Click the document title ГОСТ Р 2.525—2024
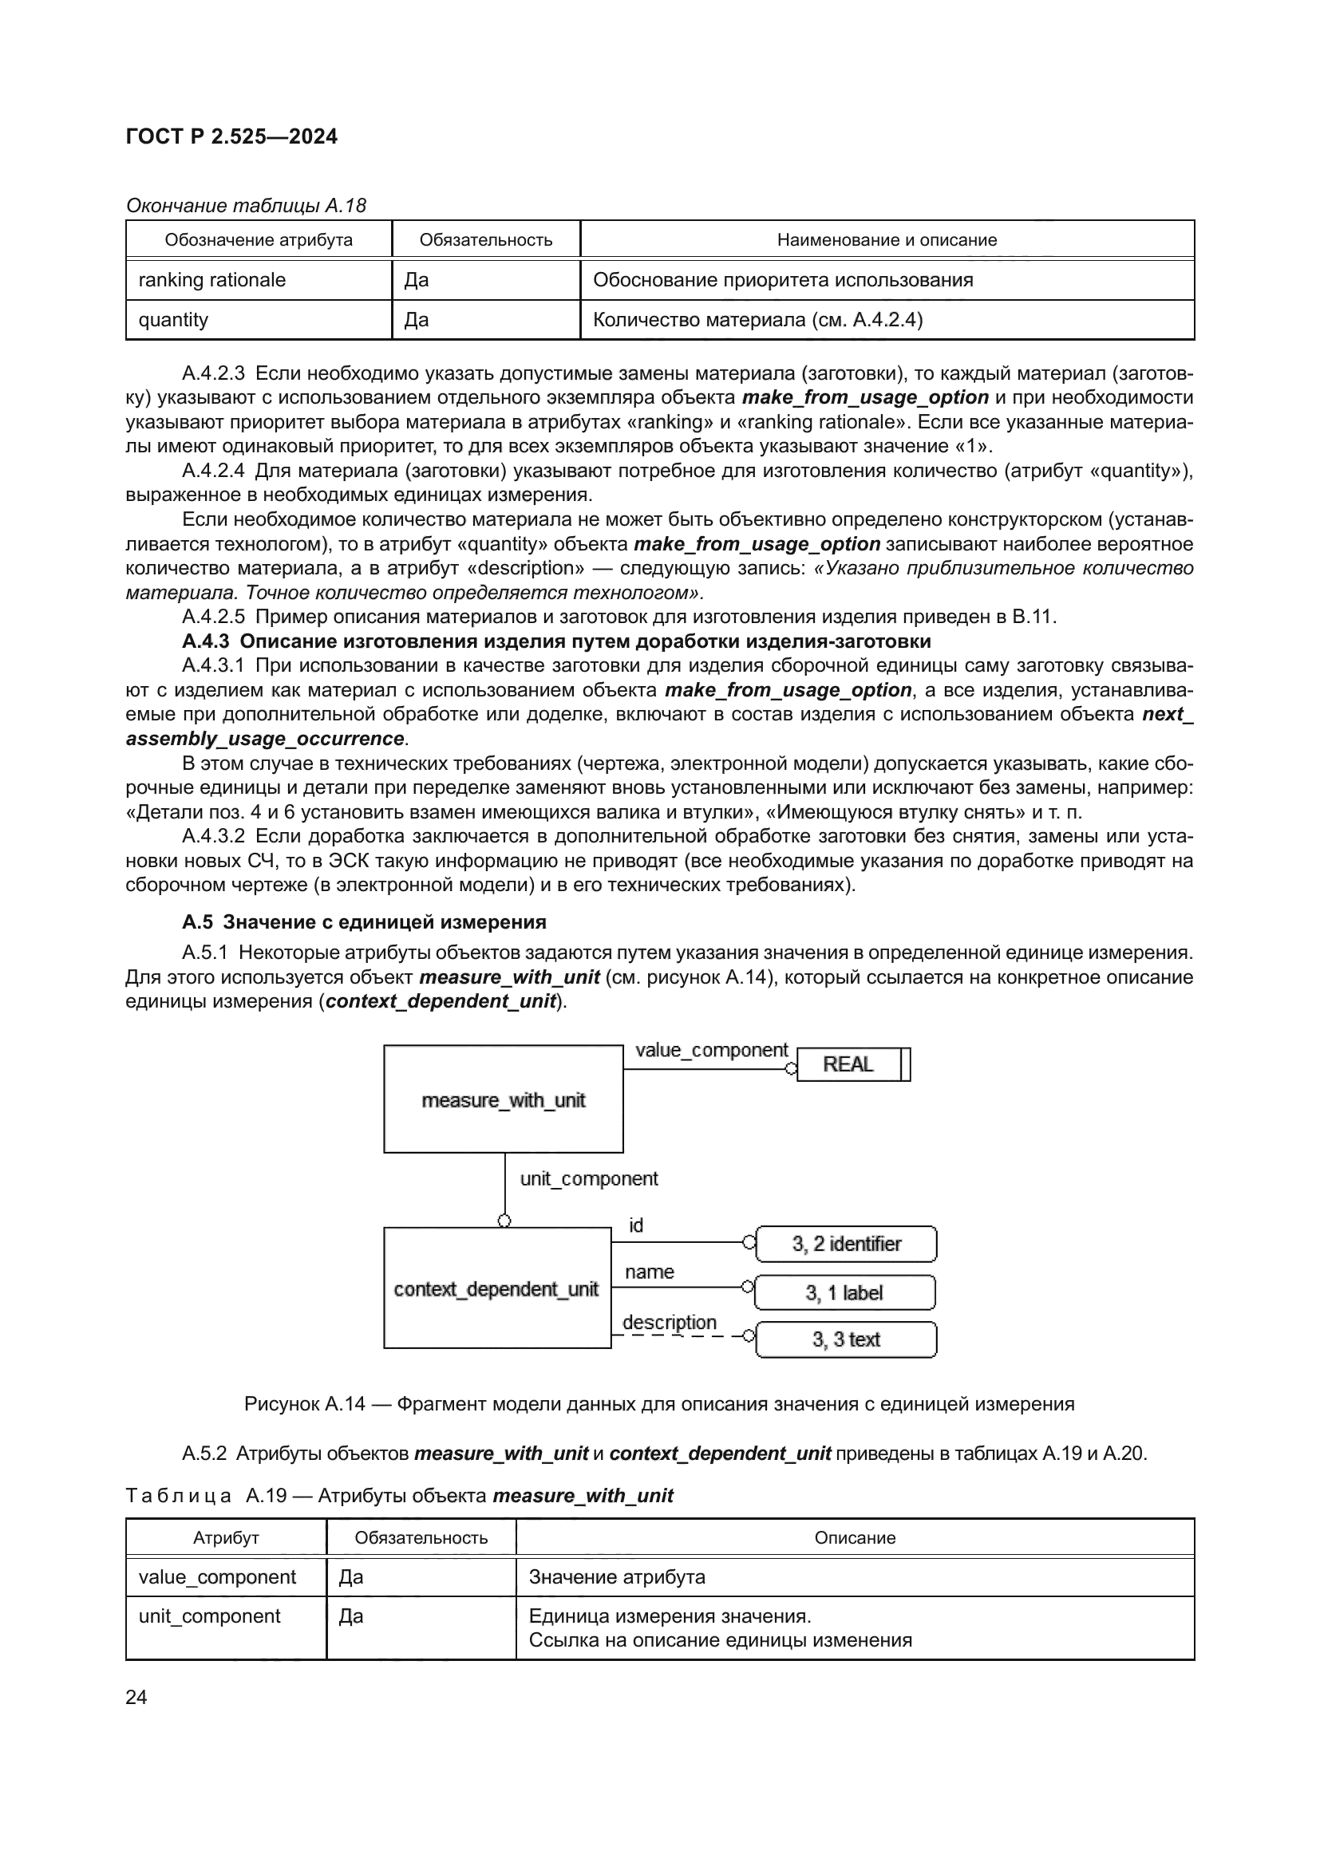coord(231,136)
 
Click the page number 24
coord(136,1697)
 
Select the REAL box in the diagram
coord(848,1064)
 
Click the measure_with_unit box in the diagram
coord(503,1099)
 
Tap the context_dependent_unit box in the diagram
coord(496,1289)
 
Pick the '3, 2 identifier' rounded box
coord(846,1244)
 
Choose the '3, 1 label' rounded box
coord(844,1292)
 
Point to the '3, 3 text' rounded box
coord(846,1339)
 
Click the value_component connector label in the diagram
coord(711,1050)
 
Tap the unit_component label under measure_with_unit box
coord(588,1178)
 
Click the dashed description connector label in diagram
coord(670,1322)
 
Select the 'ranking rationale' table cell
coord(212,280)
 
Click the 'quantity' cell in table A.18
coord(173,320)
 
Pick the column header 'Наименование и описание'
coord(887,240)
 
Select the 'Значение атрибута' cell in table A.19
coord(617,1576)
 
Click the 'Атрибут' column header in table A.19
coord(226,1537)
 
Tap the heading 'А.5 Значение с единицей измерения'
coord(364,921)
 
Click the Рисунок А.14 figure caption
coord(659,1403)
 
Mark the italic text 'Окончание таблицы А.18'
coord(247,206)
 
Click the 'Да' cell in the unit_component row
coord(351,1615)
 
